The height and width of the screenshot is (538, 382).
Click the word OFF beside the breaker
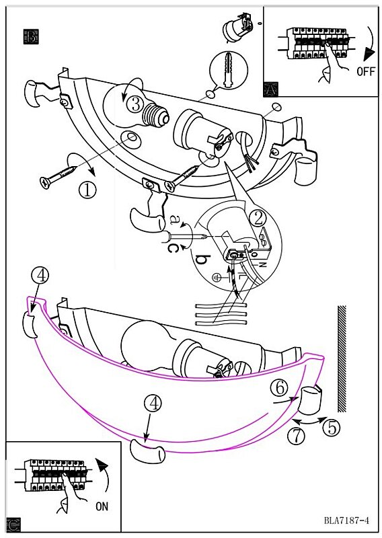pyautogui.click(x=366, y=71)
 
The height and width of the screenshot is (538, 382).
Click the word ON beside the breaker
pyautogui.click(x=102, y=506)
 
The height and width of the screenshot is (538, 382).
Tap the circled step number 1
pyautogui.click(x=87, y=190)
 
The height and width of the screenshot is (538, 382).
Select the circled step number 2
pyautogui.click(x=258, y=217)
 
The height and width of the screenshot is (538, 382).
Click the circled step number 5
pyautogui.click(x=331, y=428)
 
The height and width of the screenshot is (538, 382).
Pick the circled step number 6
pyautogui.click(x=279, y=387)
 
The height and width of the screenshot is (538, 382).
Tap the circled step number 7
pyautogui.click(x=296, y=436)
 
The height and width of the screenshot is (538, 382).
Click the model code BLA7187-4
pyautogui.click(x=346, y=520)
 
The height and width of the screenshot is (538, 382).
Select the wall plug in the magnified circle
pyautogui.click(x=228, y=70)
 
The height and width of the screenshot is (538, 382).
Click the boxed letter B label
pyautogui.click(x=31, y=36)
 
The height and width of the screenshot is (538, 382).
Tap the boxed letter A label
pyautogui.click(x=271, y=89)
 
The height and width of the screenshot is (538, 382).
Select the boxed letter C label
pyautogui.click(x=13, y=525)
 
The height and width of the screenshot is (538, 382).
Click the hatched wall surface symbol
pyautogui.click(x=342, y=358)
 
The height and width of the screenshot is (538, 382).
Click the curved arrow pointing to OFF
pyautogui.click(x=371, y=43)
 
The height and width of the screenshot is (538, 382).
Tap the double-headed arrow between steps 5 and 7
pyautogui.click(x=309, y=420)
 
